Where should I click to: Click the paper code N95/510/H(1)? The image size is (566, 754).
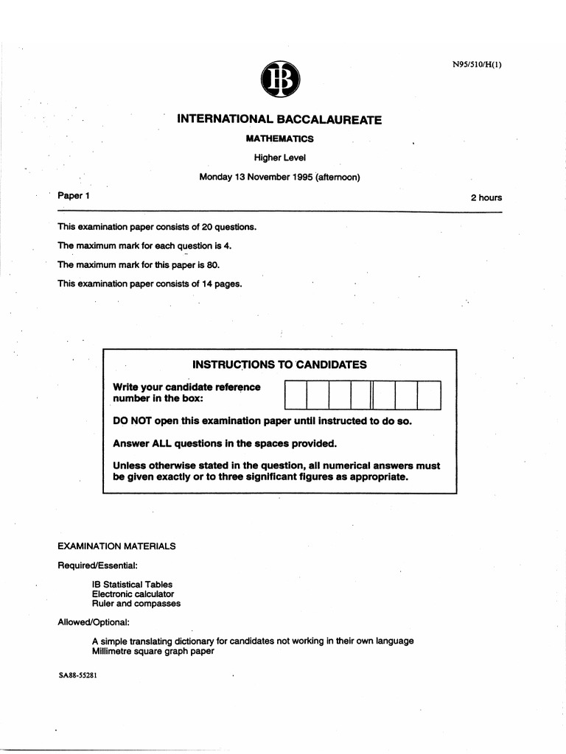(477, 64)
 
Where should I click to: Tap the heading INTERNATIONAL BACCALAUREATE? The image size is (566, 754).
(279, 119)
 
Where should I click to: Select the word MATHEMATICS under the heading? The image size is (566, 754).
(279, 138)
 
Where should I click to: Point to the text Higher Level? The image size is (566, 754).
(279, 158)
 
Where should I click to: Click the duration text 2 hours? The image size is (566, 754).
(486, 197)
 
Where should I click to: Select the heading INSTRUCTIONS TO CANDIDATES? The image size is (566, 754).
(279, 364)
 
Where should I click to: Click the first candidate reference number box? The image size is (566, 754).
(296, 395)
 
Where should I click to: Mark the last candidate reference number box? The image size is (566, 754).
(429, 395)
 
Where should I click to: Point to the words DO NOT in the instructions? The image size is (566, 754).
(132, 421)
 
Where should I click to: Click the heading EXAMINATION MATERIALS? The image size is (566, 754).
(116, 546)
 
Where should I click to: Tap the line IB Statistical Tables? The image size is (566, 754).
(132, 585)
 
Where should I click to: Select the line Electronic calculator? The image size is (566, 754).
(133, 594)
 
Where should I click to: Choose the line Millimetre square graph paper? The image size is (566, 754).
(153, 651)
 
